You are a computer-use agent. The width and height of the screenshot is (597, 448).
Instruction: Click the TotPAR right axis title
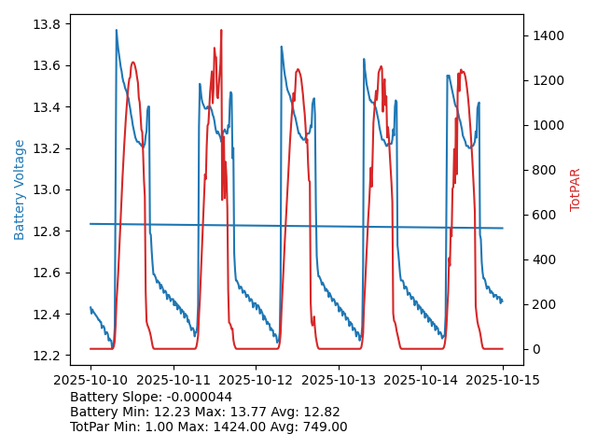pyautogui.click(x=576, y=189)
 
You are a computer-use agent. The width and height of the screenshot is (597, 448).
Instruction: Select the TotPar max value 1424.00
pyautogui.click(x=242, y=427)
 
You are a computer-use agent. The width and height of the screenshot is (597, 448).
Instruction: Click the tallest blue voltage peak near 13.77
pyautogui.click(x=117, y=31)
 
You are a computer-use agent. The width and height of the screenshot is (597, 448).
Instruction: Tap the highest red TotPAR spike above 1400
pyautogui.click(x=221, y=31)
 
